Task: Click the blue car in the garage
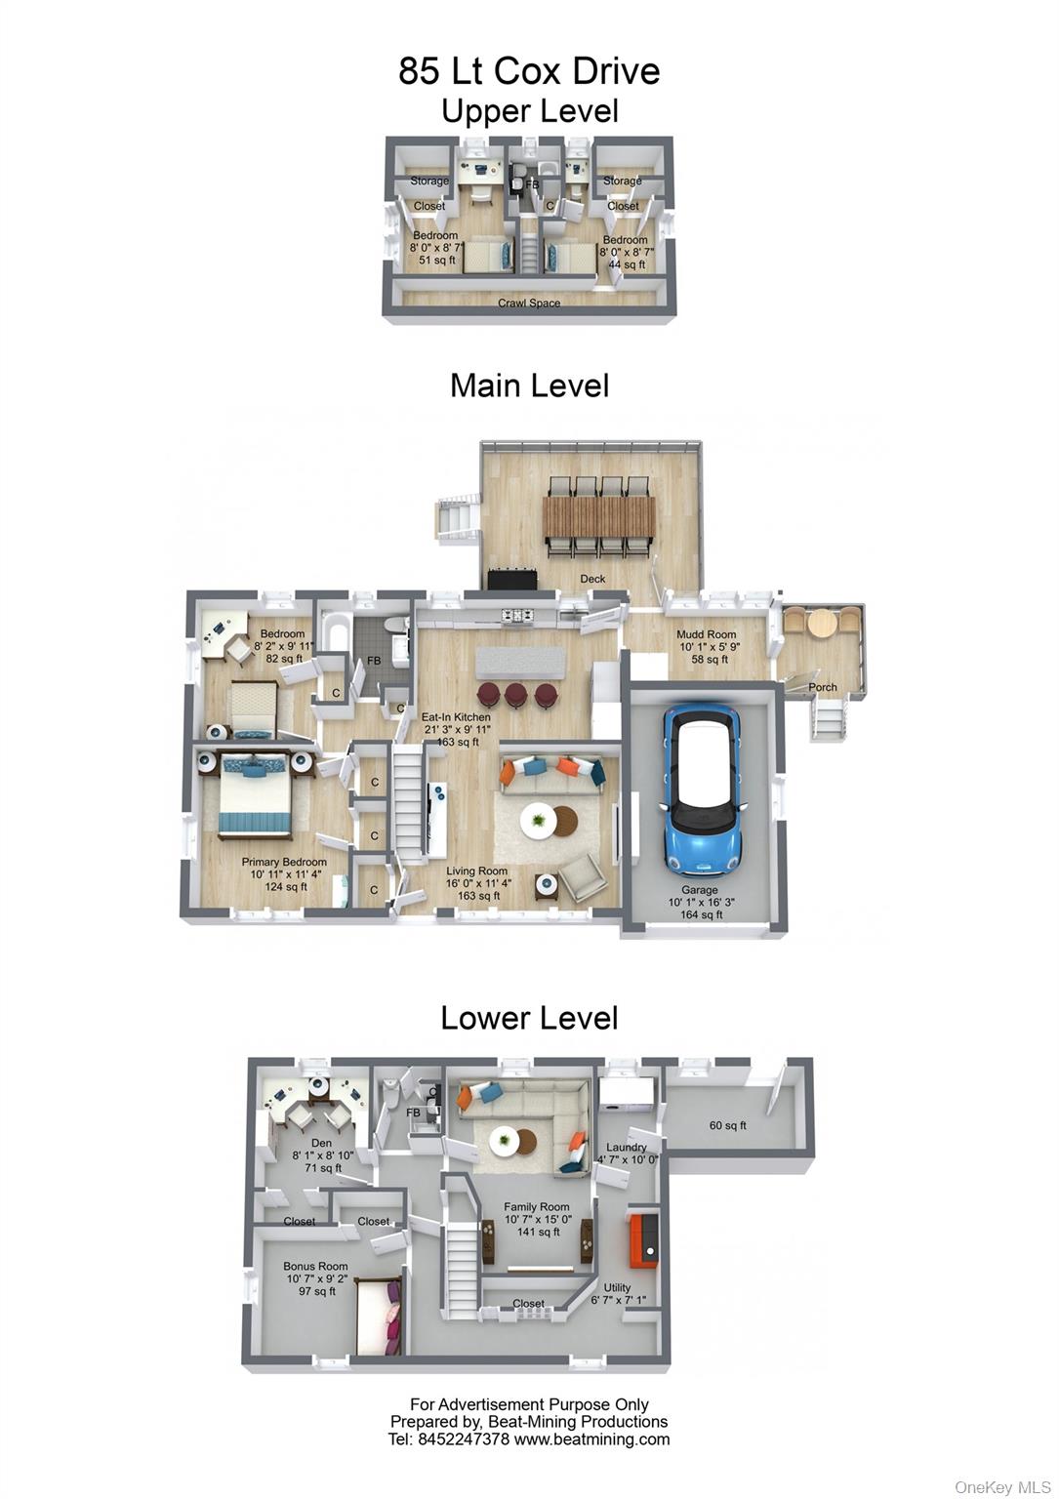coord(701,789)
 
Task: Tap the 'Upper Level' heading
coord(529,111)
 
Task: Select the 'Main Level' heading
coord(529,386)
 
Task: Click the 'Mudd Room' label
coord(706,633)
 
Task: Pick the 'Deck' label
coord(592,579)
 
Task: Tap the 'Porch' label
coord(822,687)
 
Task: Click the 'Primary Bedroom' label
coord(284,862)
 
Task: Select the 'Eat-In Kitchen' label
coord(456,716)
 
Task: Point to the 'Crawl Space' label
coord(529,304)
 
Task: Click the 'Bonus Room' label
coord(315,1266)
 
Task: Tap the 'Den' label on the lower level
coord(322,1143)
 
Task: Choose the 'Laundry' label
coord(626,1147)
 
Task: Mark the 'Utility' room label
coord(617,1287)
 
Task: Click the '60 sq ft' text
coord(728,1125)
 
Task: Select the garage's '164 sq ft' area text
coord(701,914)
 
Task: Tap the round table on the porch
coord(822,625)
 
